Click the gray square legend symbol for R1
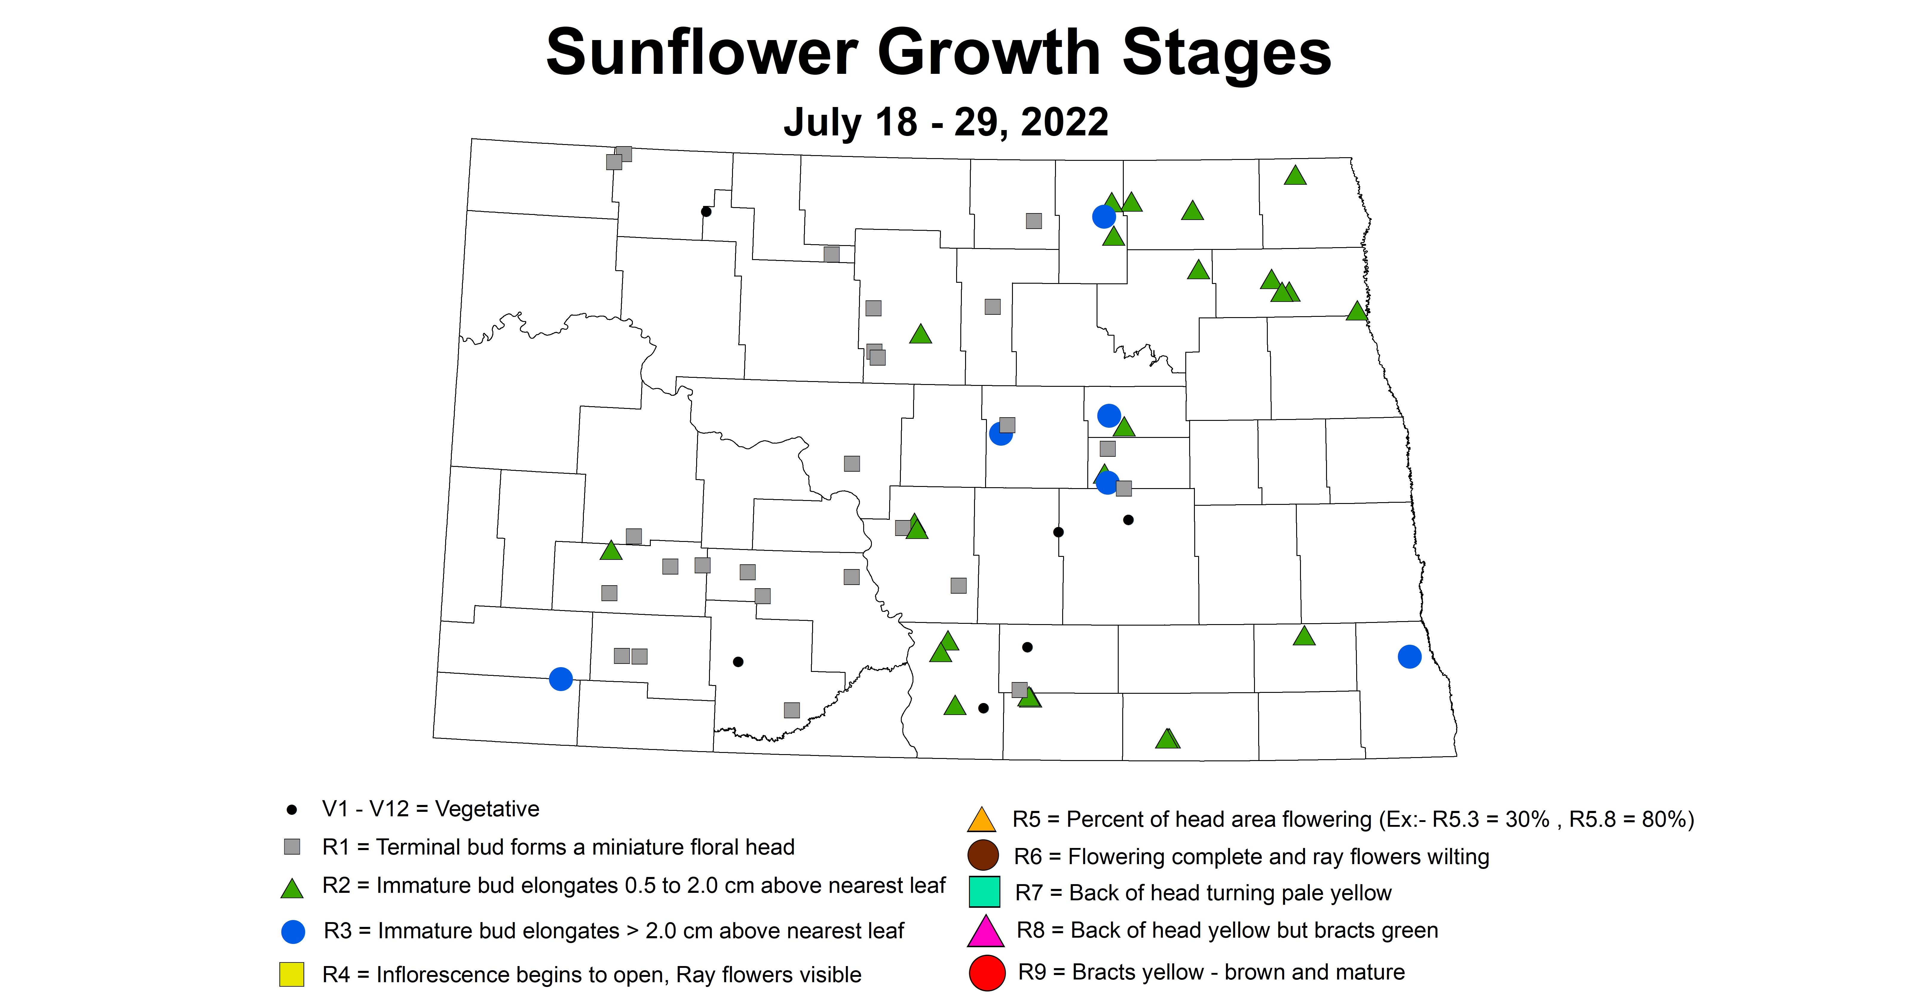(x=292, y=847)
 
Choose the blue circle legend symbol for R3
(x=293, y=931)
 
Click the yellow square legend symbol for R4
(x=292, y=974)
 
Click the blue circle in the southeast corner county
(x=1409, y=656)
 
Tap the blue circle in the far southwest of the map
(x=561, y=679)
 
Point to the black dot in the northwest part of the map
(x=705, y=211)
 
